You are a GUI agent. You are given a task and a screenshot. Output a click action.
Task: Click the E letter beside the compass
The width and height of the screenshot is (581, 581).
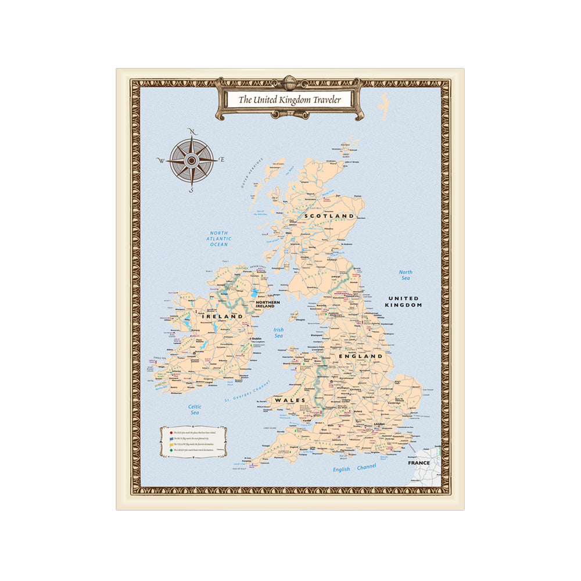222,159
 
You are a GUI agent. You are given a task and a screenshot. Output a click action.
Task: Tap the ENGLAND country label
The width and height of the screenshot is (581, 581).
365,356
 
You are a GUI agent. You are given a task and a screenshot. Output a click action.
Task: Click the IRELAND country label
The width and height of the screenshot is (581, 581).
223,317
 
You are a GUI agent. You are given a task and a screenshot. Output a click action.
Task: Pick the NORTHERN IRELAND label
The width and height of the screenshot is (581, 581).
267,304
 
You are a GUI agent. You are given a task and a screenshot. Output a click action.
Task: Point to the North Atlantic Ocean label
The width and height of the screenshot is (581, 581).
219,239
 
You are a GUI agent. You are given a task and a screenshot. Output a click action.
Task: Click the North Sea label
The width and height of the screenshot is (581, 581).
406,275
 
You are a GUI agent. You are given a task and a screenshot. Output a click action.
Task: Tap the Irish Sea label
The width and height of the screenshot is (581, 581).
279,333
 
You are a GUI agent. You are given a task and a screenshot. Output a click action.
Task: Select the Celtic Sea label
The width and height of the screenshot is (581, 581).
195,410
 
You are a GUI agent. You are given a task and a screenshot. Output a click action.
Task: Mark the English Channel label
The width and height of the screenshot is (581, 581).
354,468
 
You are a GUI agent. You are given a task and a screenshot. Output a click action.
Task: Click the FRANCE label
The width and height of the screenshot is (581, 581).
419,463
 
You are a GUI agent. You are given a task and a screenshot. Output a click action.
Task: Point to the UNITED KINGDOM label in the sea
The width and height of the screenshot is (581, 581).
406,302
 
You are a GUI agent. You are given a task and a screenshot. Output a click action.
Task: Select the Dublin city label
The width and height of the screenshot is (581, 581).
256,338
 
